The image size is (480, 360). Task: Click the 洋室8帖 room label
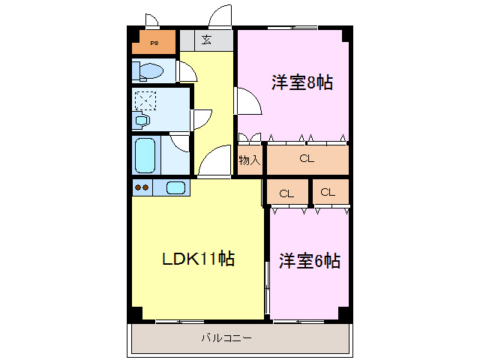[x=302, y=82]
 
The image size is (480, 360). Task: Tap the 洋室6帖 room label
[x=310, y=261]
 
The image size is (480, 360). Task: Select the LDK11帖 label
[x=199, y=259]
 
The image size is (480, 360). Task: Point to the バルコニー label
[x=226, y=338]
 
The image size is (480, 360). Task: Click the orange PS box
[x=153, y=43]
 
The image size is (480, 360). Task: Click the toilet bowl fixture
[x=149, y=71]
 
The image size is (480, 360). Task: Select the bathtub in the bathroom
[x=145, y=154]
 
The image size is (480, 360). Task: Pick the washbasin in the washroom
[x=142, y=119]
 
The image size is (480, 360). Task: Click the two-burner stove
[x=142, y=187]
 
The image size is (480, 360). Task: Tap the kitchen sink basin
[x=175, y=187]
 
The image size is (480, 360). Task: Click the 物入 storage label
[x=250, y=159]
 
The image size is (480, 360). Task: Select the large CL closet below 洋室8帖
[x=306, y=158]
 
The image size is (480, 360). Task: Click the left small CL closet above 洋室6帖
[x=286, y=193]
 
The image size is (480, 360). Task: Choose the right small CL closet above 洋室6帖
[x=328, y=192]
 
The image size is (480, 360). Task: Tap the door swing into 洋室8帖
[x=247, y=101]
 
